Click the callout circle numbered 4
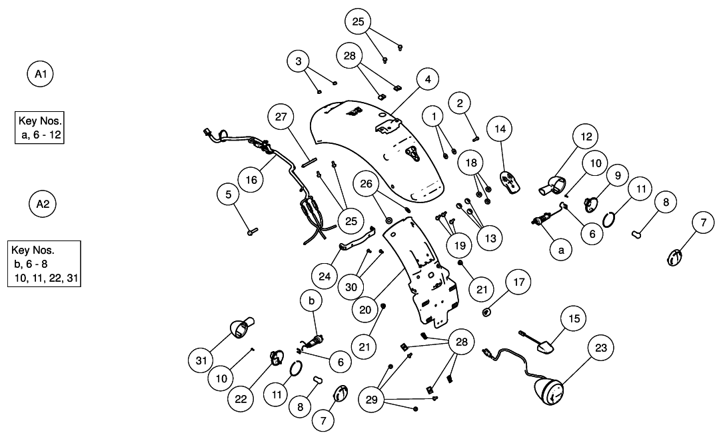pos(428,79)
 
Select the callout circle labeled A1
pos(40,73)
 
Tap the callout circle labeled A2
pos(42,204)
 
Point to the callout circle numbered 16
pos(251,179)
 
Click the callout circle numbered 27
pos(281,117)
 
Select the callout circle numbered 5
pos(229,195)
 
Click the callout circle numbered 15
pos(573,318)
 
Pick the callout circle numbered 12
pos(586,137)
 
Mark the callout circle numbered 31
pos(201,360)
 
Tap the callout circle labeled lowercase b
pos(311,301)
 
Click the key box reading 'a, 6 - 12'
pos(39,127)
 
